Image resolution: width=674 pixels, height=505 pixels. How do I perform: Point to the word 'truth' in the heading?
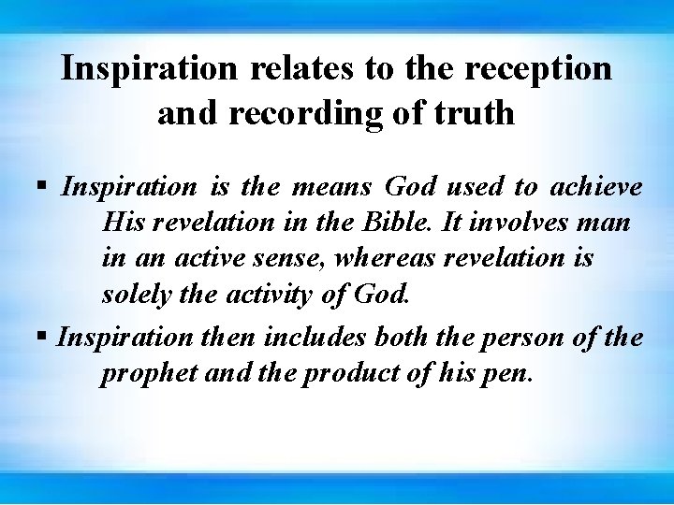pyautogui.click(x=473, y=112)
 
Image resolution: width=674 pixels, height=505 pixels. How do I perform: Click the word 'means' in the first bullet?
pyautogui.click(x=327, y=187)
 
